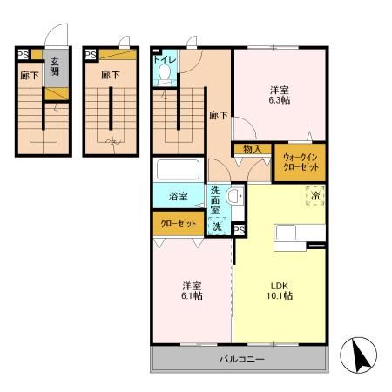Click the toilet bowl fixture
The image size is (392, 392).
tap(164, 77)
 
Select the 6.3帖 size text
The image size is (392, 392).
tap(279, 100)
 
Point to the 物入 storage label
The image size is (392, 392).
tap(253, 149)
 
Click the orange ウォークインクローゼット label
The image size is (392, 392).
tap(299, 161)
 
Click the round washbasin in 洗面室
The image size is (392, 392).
tap(233, 197)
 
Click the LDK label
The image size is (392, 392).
tap(279, 285)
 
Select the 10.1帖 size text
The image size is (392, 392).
tap(280, 297)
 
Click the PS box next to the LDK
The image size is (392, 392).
tap(239, 229)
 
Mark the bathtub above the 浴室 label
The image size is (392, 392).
tap(178, 170)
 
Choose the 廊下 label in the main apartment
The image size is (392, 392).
tap(218, 114)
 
